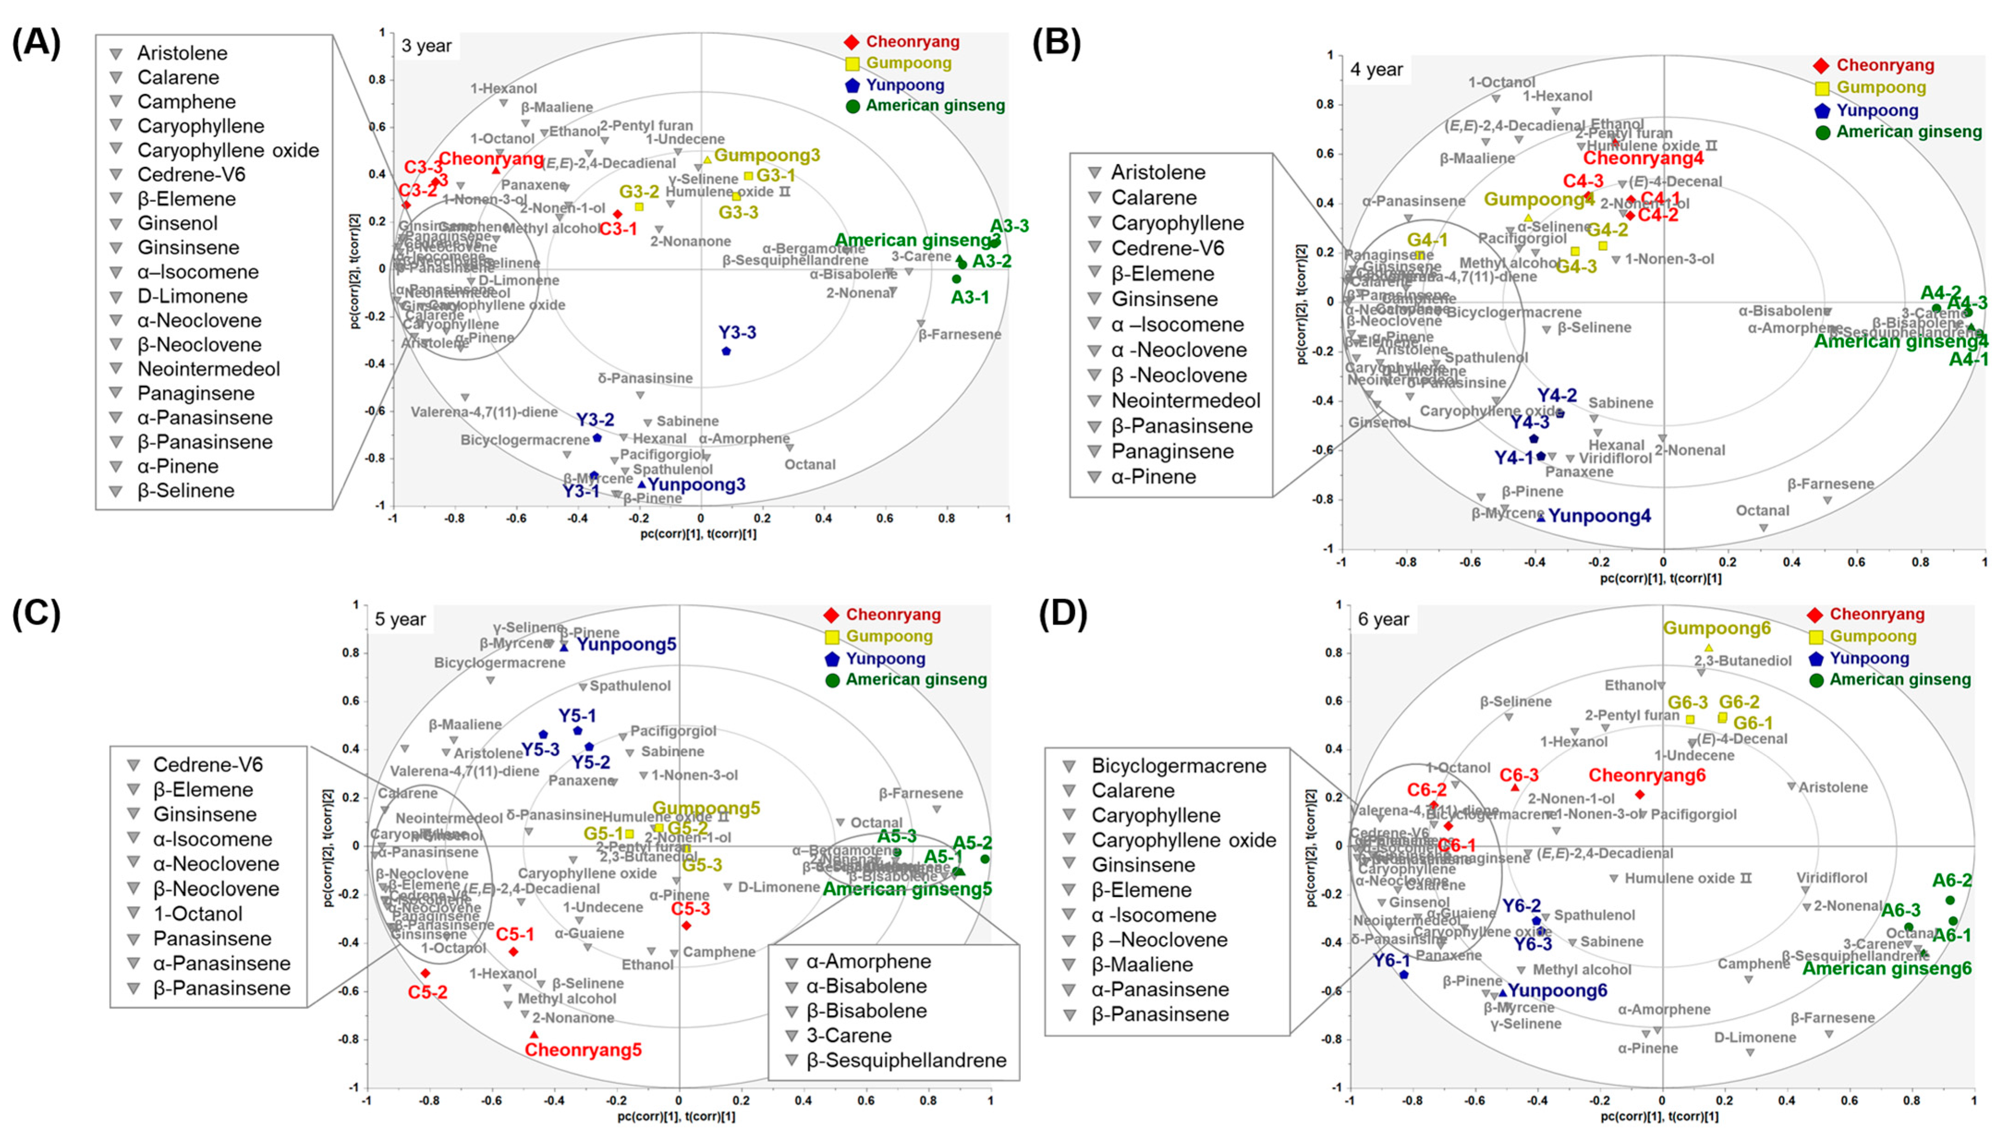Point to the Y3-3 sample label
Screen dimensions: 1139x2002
tap(737, 333)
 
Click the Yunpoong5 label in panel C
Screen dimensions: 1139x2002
tap(626, 645)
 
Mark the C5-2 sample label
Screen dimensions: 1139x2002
tap(427, 993)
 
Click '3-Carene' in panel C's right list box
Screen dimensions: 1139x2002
tap(849, 1036)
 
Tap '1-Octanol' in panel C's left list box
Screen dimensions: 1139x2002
tap(197, 914)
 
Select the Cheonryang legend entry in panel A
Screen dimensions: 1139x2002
tap(912, 42)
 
